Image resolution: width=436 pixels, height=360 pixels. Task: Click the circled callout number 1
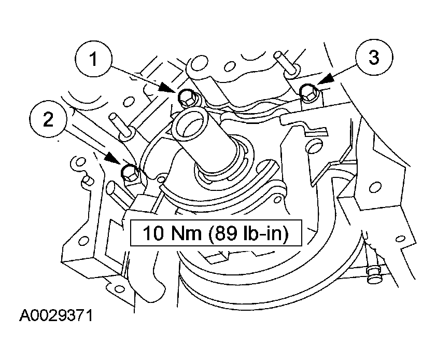[x=94, y=60]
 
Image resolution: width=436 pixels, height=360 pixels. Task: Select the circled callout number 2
[x=48, y=120]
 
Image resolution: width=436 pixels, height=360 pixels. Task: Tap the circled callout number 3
[x=374, y=57]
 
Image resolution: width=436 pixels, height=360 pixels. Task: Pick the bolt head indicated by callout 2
[x=129, y=173]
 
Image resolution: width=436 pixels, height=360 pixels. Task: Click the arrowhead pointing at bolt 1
[x=167, y=87]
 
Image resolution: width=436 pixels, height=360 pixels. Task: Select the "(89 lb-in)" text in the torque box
[x=248, y=233]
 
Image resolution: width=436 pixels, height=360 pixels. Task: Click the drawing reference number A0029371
[x=55, y=316]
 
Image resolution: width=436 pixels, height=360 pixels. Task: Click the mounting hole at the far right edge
[x=401, y=239]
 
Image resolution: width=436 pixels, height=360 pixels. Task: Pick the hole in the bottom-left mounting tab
[x=119, y=288]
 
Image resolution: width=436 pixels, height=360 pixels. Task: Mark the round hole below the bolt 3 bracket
[x=315, y=147]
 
